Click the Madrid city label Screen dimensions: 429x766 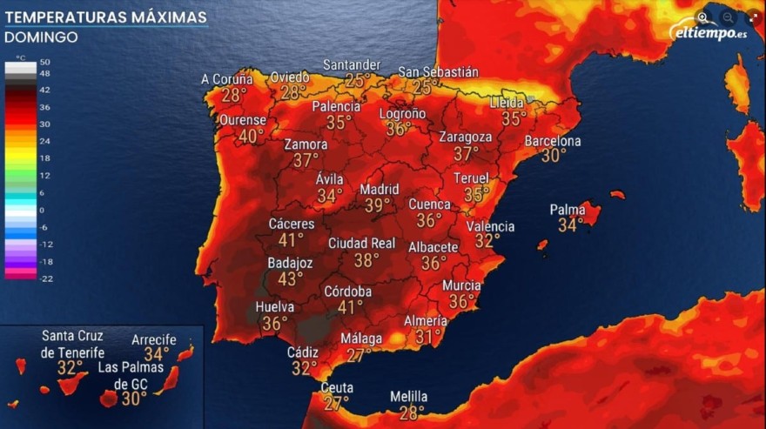[x=380, y=190]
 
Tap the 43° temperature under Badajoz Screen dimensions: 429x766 [x=290, y=278]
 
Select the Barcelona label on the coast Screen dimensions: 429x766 [x=553, y=141]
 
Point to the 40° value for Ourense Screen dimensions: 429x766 [x=251, y=136]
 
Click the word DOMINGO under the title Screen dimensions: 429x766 [x=41, y=37]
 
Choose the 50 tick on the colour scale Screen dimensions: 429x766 [x=44, y=63]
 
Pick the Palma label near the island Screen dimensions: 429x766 [x=568, y=210]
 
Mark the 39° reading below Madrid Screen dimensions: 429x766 [x=377, y=205]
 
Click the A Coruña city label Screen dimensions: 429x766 [x=226, y=79]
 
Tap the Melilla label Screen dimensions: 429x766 [x=409, y=397]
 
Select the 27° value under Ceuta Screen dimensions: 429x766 [x=336, y=403]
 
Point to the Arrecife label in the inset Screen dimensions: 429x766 [x=154, y=339]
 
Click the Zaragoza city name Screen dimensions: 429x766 [x=466, y=137]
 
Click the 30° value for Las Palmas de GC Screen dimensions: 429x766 [x=134, y=399]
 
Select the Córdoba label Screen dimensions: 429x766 [x=348, y=292]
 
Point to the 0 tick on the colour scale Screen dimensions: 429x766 [x=42, y=210]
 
